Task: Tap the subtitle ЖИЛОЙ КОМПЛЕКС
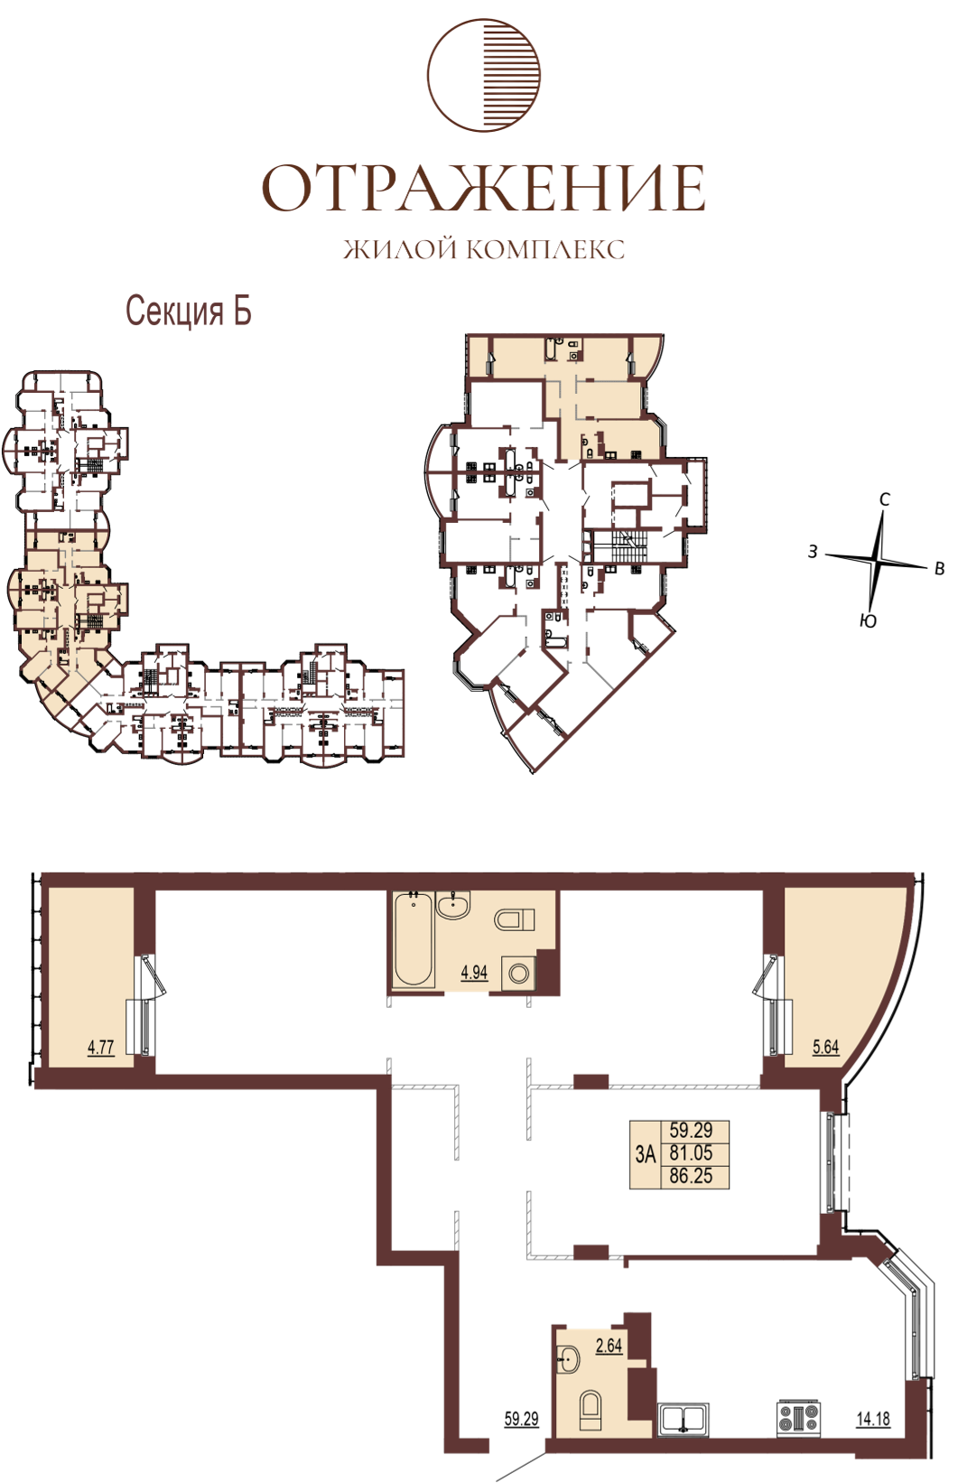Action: (484, 249)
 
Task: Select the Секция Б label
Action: (189, 312)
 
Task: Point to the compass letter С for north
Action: (884, 499)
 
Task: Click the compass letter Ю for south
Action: (868, 620)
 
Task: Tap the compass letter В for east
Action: (938, 569)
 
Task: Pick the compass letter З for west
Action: (813, 551)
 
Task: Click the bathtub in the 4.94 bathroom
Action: (414, 939)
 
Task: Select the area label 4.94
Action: (474, 973)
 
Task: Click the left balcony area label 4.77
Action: (101, 1048)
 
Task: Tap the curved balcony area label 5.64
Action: (825, 1048)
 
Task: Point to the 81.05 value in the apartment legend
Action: (691, 1152)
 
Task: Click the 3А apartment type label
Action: (646, 1154)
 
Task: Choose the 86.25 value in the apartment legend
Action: (691, 1177)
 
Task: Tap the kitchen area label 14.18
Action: (873, 1419)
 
